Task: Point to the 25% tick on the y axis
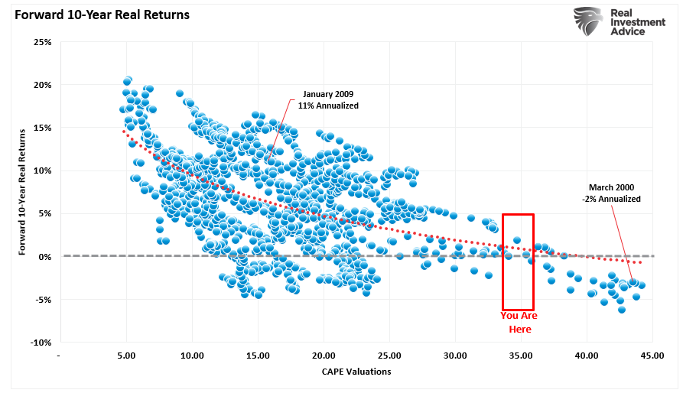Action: coord(41,41)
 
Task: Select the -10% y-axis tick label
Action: coord(40,343)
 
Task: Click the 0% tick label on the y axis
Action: coord(44,256)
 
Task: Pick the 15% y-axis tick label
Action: coord(41,128)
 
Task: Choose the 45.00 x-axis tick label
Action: coord(652,356)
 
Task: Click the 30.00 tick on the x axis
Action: coord(455,356)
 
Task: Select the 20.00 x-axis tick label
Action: coord(324,356)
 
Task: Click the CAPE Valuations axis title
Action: coord(356,372)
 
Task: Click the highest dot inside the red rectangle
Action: coord(517,240)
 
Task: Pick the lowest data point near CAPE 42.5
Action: coord(622,310)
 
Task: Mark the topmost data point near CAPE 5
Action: coord(128,80)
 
